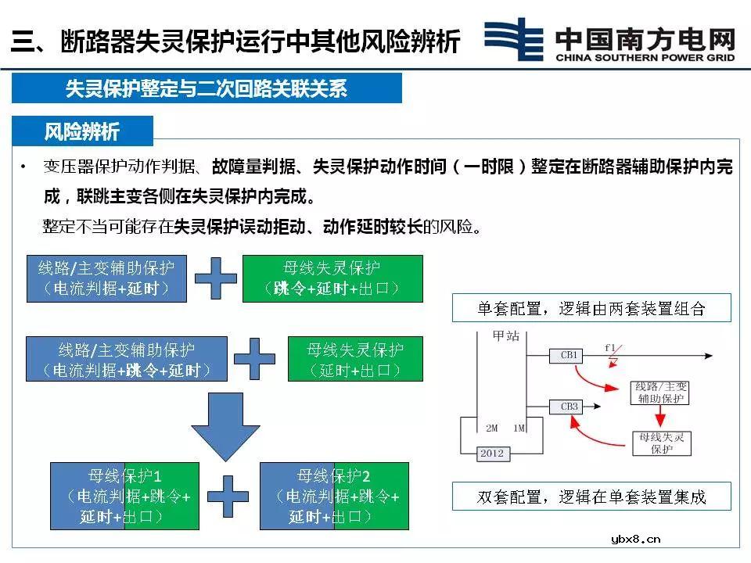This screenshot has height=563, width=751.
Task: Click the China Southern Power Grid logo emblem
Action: click(x=513, y=39)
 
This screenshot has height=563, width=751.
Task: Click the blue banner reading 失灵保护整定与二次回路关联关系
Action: click(x=207, y=88)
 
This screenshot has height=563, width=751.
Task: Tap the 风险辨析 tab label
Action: click(x=82, y=131)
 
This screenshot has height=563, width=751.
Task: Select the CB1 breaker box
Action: click(x=569, y=355)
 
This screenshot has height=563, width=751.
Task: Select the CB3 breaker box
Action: click(x=569, y=407)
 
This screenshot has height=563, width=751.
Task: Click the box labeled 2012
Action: click(x=492, y=454)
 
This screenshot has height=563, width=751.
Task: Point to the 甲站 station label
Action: click(x=505, y=335)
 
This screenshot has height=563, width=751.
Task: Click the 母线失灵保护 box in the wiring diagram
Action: click(x=661, y=443)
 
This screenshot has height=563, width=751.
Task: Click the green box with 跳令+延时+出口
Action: click(x=332, y=278)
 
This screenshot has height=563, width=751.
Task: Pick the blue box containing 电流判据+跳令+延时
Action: click(x=127, y=359)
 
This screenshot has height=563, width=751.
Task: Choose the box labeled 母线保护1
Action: click(x=124, y=496)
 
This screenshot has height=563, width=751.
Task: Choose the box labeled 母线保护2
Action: click(x=334, y=496)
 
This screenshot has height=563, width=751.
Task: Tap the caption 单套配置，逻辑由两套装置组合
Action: click(x=591, y=308)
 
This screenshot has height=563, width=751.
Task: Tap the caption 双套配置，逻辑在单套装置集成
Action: click(x=591, y=497)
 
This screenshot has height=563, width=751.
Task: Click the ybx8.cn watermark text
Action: click(x=634, y=538)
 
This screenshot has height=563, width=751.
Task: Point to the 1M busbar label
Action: click(x=519, y=429)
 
